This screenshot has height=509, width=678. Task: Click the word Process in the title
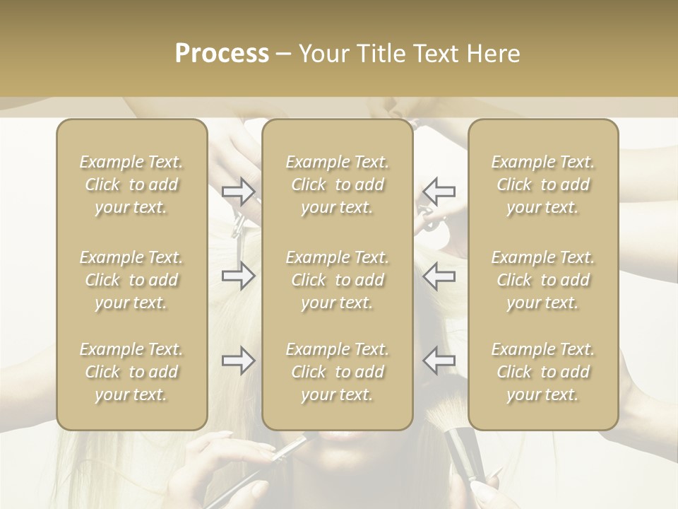[222, 54]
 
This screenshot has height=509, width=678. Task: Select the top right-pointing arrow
[238, 190]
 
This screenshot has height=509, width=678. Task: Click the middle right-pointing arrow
[238, 276]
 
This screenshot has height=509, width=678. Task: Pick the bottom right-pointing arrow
[238, 361]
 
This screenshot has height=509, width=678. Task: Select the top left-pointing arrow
[439, 190]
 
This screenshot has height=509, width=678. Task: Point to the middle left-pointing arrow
[439, 276]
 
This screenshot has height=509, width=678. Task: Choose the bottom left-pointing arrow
[439, 361]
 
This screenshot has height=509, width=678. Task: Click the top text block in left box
[131, 185]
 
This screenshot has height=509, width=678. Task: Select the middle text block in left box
[131, 280]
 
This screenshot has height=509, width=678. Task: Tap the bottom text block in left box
[131, 372]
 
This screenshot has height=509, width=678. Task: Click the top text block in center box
[337, 185]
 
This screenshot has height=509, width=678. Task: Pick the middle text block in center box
[337, 280]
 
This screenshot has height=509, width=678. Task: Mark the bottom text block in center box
[337, 372]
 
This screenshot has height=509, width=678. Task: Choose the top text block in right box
[542, 185]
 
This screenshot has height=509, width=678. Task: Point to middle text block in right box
[542, 280]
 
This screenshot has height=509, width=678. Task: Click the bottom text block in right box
[542, 372]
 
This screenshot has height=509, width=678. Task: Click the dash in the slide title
[283, 54]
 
